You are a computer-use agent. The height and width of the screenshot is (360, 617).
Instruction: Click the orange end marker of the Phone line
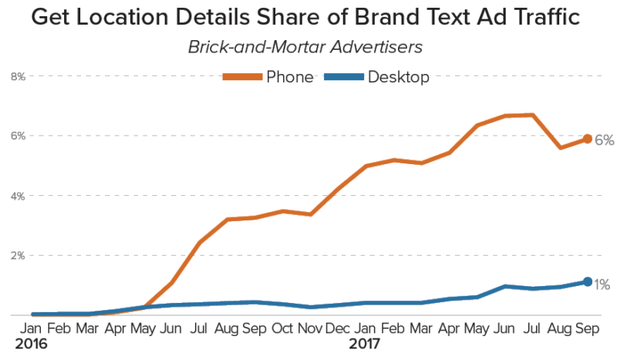pyautogui.click(x=587, y=139)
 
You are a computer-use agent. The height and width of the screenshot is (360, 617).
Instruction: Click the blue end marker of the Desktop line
pyautogui.click(x=587, y=282)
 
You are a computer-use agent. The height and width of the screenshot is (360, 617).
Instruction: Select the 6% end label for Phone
pyautogui.click(x=604, y=140)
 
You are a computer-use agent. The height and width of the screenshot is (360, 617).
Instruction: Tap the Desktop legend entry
pyautogui.click(x=376, y=76)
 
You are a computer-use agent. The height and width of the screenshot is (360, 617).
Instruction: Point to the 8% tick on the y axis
pyautogui.click(x=18, y=76)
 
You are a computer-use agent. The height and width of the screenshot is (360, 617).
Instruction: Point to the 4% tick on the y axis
pyautogui.click(x=18, y=196)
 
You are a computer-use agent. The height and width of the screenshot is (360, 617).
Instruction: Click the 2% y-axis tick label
pyautogui.click(x=18, y=256)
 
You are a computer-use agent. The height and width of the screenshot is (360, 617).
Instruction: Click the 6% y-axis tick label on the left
pyautogui.click(x=18, y=136)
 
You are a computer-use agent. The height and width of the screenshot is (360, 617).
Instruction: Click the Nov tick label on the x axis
pyautogui.click(x=310, y=328)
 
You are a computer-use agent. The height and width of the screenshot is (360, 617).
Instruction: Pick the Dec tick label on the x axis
pyautogui.click(x=338, y=328)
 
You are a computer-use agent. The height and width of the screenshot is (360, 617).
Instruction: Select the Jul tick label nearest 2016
pyautogui.click(x=199, y=328)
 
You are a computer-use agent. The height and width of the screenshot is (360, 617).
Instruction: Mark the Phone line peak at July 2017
pyautogui.click(x=531, y=115)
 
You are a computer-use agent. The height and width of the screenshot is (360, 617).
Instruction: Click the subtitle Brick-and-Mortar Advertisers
pyautogui.click(x=305, y=46)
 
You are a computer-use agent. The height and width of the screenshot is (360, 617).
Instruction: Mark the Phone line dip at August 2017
pyautogui.click(x=559, y=147)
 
